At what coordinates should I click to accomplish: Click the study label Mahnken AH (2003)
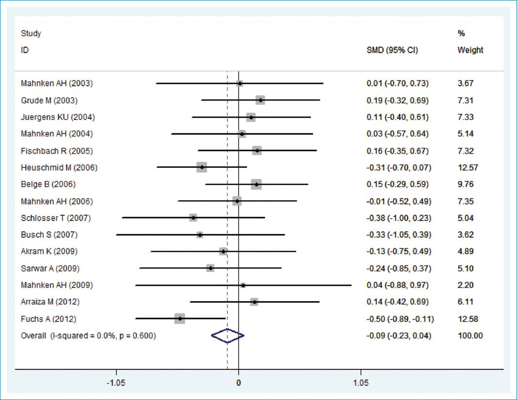point(57,83)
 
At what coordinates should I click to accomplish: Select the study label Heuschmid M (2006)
point(59,168)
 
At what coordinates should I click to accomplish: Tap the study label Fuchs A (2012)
point(48,319)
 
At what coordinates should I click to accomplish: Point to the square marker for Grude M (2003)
point(260,100)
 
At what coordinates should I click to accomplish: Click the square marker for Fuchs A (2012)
point(180,319)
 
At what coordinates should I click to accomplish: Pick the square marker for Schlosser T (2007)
point(194,218)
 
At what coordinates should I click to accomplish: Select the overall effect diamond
point(227,336)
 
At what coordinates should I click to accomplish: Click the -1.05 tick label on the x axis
point(116,382)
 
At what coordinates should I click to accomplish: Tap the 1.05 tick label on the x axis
point(360,382)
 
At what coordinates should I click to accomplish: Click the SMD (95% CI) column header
point(392,50)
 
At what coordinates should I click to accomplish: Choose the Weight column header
point(470,50)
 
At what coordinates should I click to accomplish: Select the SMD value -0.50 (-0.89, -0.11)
point(400,319)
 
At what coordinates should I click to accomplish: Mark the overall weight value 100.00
point(470,336)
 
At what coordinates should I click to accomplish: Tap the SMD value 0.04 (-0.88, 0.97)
point(398,285)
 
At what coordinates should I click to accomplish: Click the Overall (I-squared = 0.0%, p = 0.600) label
point(88,336)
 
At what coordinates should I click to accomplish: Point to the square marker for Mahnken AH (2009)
point(243,285)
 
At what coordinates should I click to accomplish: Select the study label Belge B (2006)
point(48,184)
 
